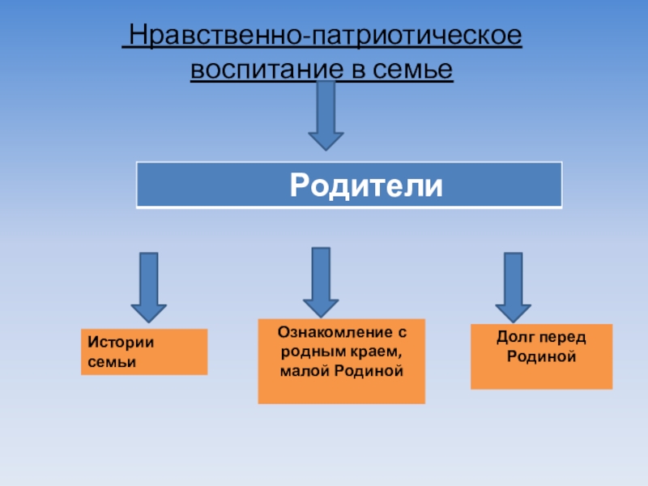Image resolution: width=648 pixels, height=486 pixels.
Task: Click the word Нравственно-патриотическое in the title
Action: tap(323, 37)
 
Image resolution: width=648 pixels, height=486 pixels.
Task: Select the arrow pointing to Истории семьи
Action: tap(149, 288)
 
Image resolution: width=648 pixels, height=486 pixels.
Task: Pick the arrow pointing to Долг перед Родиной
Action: tap(513, 287)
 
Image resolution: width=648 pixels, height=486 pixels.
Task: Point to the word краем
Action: tap(378, 351)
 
